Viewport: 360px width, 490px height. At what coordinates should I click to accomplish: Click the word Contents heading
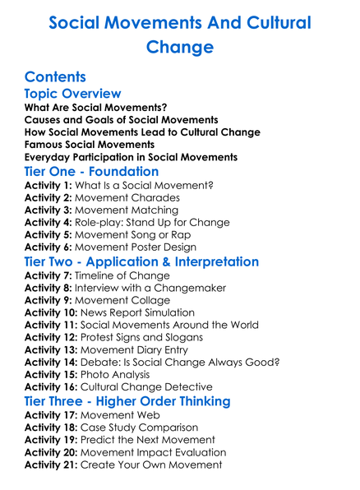(55, 77)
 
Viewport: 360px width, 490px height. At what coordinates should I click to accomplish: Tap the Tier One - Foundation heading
(91, 172)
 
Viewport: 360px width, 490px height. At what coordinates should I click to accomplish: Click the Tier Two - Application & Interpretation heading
(141, 261)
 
